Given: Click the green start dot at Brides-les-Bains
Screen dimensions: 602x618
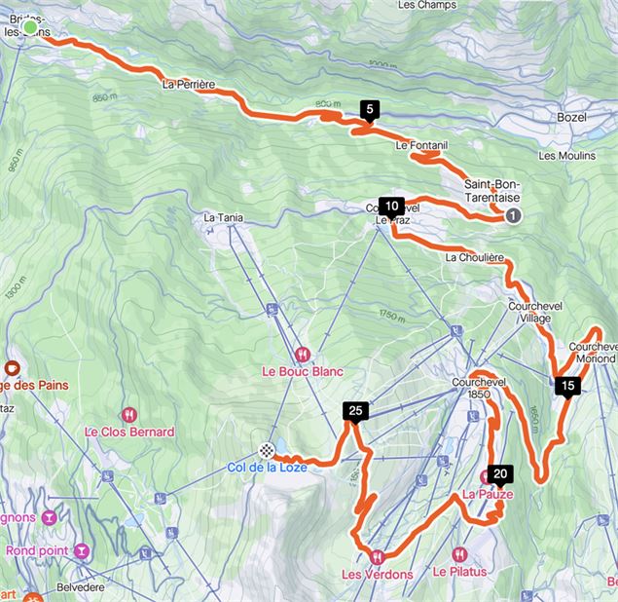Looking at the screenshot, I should click(31, 27).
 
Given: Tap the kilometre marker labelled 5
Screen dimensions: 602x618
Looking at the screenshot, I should click(369, 110).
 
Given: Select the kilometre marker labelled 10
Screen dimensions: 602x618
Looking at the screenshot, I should click(391, 207).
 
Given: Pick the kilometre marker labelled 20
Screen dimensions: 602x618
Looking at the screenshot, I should click(500, 475).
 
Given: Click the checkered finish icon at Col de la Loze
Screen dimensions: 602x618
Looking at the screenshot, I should click(266, 450).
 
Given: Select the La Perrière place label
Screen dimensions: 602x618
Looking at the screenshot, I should click(189, 85).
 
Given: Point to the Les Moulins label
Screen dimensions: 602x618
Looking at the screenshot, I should click(566, 155).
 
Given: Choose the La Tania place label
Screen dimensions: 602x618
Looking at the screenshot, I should click(222, 218).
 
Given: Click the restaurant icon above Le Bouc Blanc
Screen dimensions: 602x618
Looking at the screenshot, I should click(304, 354).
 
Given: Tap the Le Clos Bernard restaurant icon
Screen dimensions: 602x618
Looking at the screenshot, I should click(128, 414).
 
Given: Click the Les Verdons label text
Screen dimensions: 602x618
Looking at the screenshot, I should click(377, 574).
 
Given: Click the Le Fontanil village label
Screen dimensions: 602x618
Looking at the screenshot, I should click(421, 145).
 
